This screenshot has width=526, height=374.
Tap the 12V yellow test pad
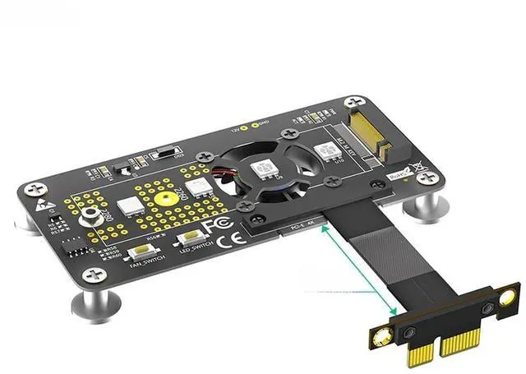pos(256,124)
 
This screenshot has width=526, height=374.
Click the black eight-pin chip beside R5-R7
pos(77,244)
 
